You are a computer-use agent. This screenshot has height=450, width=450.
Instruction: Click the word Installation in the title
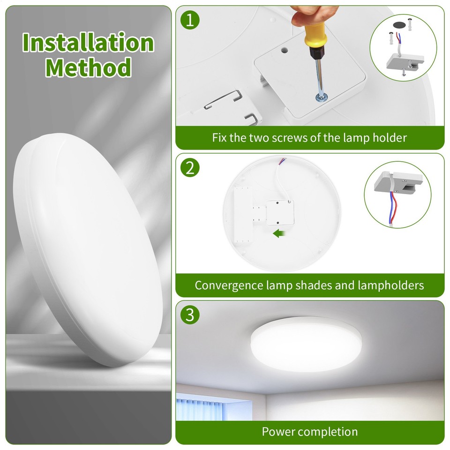(x=88, y=43)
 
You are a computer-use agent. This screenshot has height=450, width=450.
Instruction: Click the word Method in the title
(x=88, y=67)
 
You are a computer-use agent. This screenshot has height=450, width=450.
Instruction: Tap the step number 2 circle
(x=189, y=167)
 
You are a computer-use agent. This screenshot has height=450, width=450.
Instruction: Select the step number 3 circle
(x=189, y=315)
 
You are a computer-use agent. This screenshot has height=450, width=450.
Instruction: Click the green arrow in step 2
(x=279, y=233)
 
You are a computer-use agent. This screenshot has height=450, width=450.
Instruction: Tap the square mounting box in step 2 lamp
(x=280, y=211)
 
